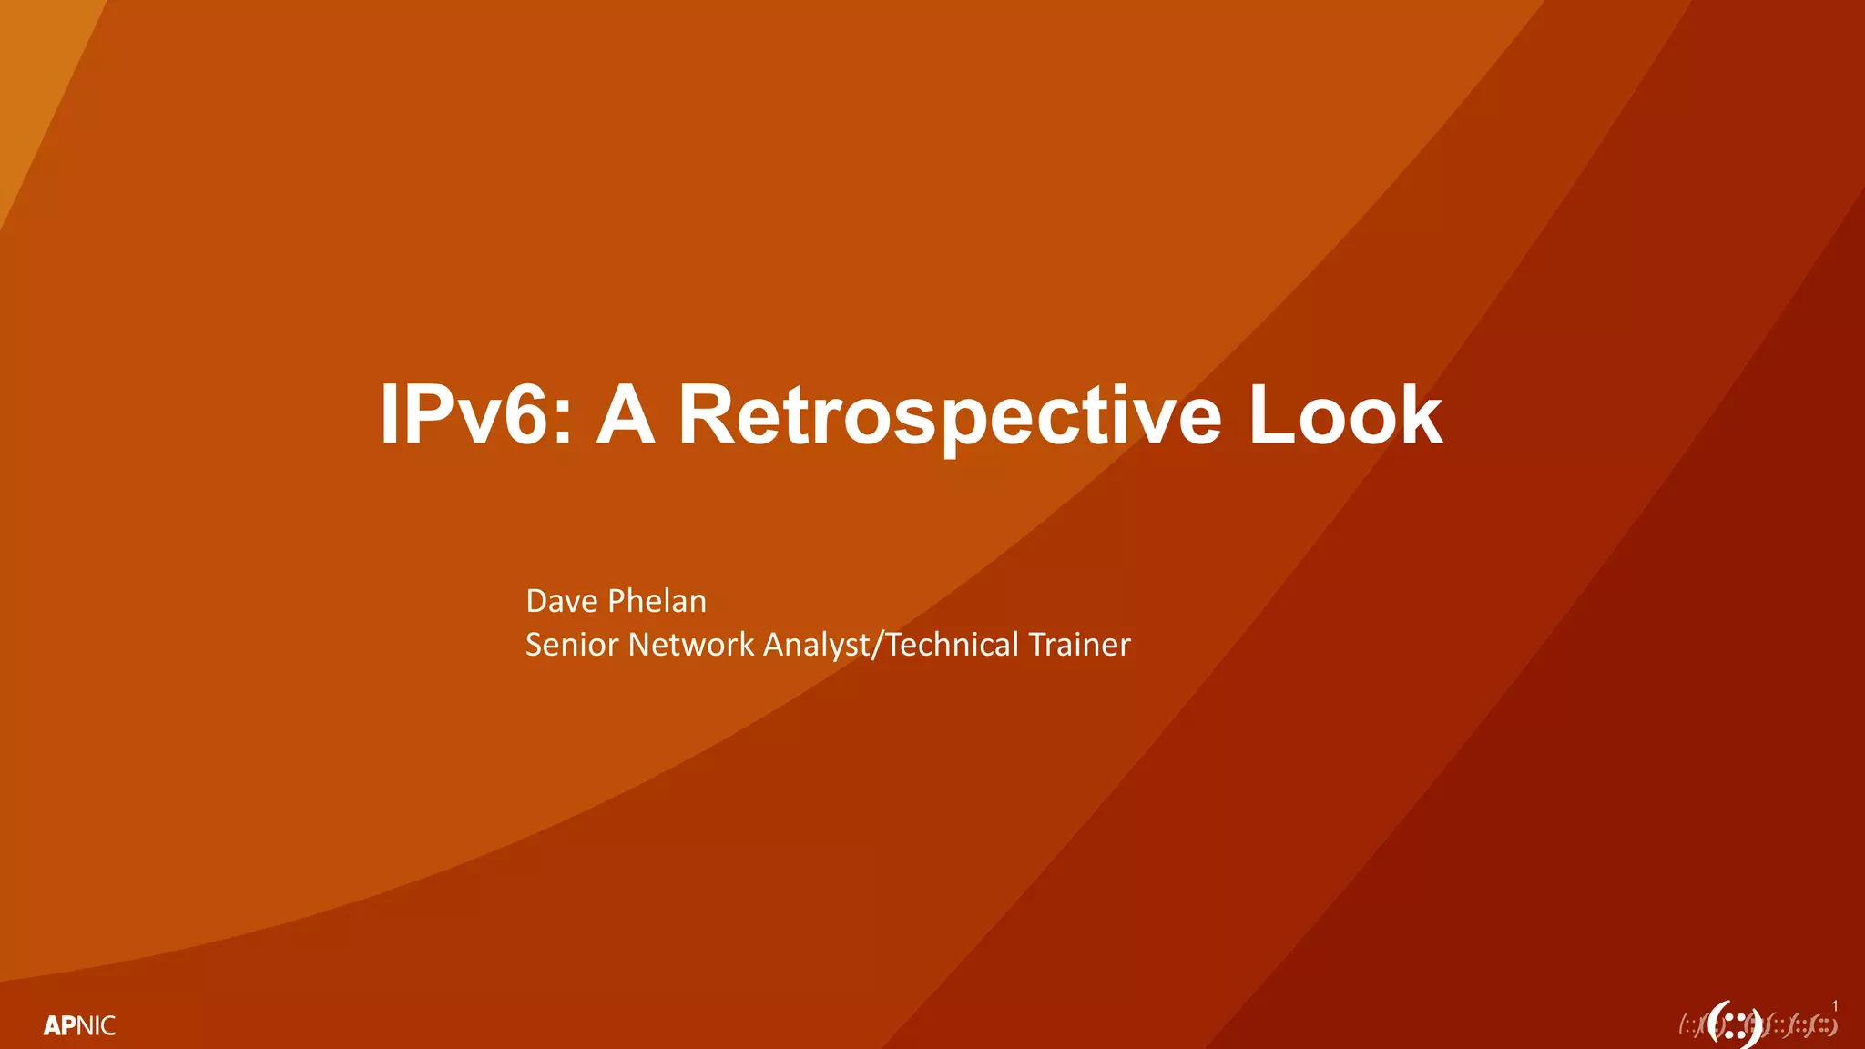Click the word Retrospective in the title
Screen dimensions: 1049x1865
tap(949, 416)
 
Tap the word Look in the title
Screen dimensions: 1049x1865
tap(1345, 416)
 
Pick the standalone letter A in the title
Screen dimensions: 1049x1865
tap(626, 416)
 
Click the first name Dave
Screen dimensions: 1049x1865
tap(562, 601)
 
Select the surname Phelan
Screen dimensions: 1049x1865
tap(657, 601)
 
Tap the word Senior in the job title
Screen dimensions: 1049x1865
tap(572, 645)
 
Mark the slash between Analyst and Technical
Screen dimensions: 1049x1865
tap(878, 645)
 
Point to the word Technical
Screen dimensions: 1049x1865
tap(953, 645)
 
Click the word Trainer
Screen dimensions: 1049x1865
tap(1080, 645)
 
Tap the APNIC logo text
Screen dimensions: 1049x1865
tap(79, 1026)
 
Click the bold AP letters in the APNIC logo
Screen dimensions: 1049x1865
tap(60, 1026)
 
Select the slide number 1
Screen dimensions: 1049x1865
tap(1835, 1006)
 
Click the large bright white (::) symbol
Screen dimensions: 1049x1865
tap(1733, 1024)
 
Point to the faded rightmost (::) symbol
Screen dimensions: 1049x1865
tap(1824, 1025)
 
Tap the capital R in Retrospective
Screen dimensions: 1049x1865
tap(705, 416)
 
